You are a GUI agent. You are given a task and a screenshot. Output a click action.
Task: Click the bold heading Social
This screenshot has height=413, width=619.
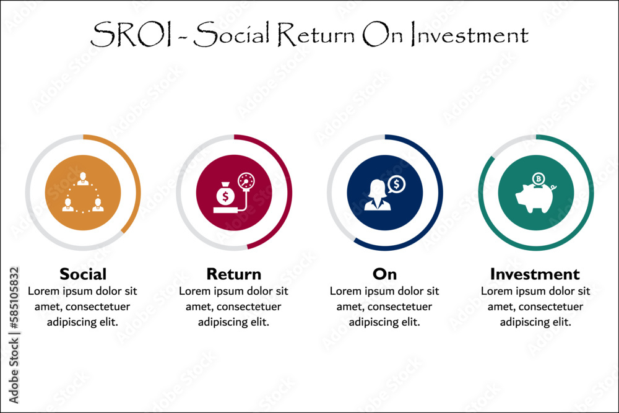tap(83, 274)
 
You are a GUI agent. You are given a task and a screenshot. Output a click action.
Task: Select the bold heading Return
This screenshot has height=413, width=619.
tap(234, 274)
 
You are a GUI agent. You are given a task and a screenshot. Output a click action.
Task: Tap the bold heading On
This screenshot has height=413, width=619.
tap(384, 274)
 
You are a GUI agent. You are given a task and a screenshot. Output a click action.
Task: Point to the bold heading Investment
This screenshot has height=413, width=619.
tap(535, 274)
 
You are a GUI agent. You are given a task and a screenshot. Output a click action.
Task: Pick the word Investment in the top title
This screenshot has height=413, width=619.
tap(469, 34)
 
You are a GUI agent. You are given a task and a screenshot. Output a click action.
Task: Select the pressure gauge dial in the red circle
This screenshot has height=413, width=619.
tap(246, 181)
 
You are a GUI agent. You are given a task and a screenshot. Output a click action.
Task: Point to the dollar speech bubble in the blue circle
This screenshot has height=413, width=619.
tap(396, 185)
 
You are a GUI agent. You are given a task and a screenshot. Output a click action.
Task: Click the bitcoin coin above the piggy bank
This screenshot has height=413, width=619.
tap(539, 179)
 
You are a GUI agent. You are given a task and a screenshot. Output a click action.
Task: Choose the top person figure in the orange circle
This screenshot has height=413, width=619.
tap(83, 178)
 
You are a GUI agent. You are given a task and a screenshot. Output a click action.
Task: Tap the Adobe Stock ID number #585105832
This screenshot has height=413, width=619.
tap(14, 298)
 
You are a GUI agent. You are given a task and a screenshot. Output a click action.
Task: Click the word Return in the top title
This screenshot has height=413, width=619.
tap(316, 34)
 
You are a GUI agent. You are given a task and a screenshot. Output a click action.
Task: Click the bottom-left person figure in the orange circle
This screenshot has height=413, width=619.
tap(68, 204)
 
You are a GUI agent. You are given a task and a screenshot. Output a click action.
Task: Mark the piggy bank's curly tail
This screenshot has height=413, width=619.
tap(553, 188)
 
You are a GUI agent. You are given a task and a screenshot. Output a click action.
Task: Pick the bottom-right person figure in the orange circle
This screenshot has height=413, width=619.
tap(98, 204)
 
